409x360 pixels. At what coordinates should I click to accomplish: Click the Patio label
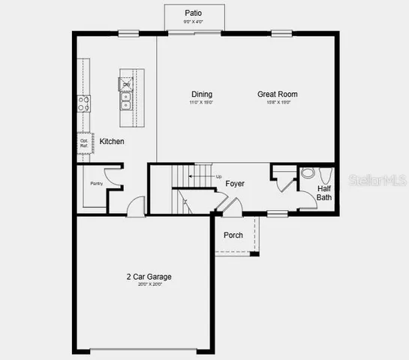pyautogui.click(x=193, y=13)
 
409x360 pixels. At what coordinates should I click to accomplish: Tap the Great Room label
pyautogui.click(x=278, y=94)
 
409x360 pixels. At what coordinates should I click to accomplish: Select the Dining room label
pyautogui.click(x=201, y=94)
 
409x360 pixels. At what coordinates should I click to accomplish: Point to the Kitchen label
pyautogui.click(x=112, y=141)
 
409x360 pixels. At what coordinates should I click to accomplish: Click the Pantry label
pyautogui.click(x=96, y=183)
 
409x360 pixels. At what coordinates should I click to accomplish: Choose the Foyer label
pyautogui.click(x=235, y=184)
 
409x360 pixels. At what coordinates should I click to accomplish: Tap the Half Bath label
pyautogui.click(x=324, y=193)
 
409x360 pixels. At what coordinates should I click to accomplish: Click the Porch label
pyautogui.click(x=233, y=235)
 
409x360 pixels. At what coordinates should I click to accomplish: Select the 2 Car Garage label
pyautogui.click(x=150, y=277)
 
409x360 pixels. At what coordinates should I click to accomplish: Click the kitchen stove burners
pyautogui.click(x=83, y=103)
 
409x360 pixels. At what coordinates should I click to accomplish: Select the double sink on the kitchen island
pyautogui.click(x=126, y=100)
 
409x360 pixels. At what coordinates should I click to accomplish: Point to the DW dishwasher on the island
pyautogui.click(x=126, y=84)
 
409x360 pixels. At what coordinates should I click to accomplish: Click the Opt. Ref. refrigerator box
pyautogui.click(x=84, y=142)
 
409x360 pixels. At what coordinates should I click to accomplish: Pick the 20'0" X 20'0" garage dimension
pyautogui.click(x=150, y=284)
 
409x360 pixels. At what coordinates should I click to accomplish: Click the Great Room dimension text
pyautogui.click(x=278, y=102)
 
